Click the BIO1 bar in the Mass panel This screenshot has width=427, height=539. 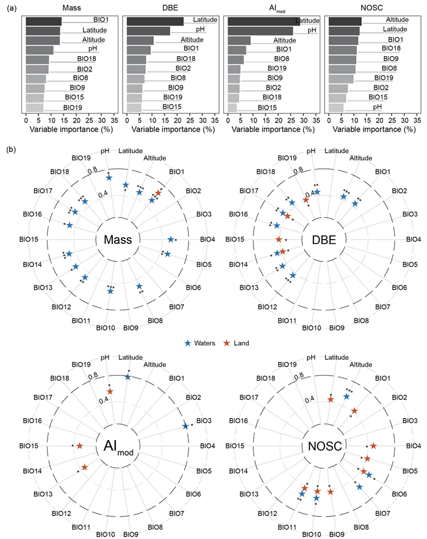(x=43, y=21)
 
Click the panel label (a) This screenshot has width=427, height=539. (x=12, y=6)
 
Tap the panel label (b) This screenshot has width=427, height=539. (x=12, y=148)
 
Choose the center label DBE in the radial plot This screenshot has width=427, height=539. (x=328, y=239)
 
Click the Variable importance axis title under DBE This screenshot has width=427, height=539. (x=173, y=130)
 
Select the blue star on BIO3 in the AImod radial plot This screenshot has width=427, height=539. (x=185, y=426)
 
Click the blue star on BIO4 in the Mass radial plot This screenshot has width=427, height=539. (x=170, y=240)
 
